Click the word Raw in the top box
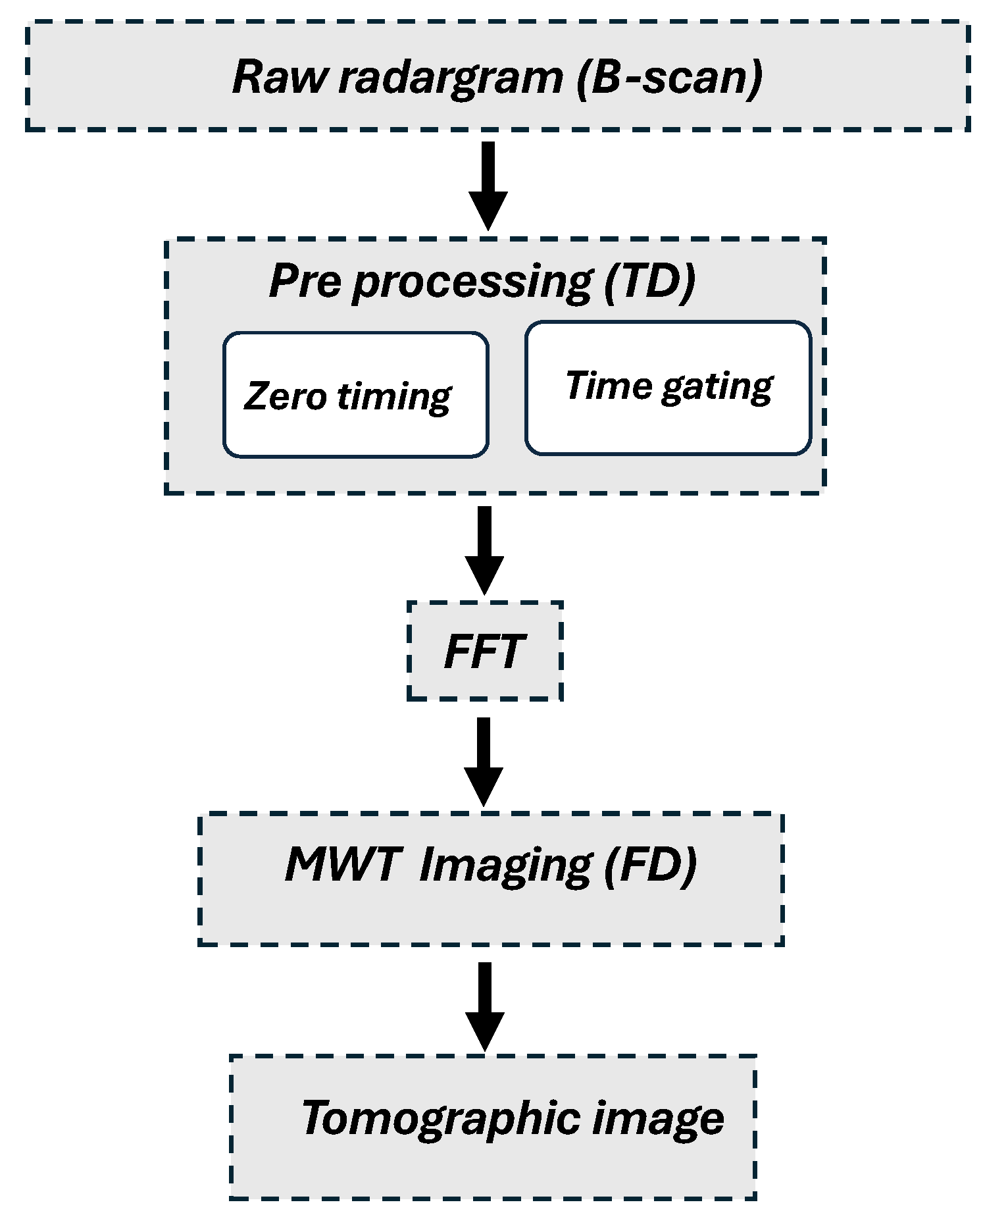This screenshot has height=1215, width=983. (279, 77)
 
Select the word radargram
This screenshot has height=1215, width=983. (451, 78)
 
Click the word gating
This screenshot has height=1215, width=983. (717, 388)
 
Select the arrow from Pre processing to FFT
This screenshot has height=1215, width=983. (484, 550)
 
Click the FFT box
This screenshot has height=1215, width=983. (485, 652)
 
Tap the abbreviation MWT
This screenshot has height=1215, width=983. (343, 864)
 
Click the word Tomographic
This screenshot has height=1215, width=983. (441, 1119)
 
